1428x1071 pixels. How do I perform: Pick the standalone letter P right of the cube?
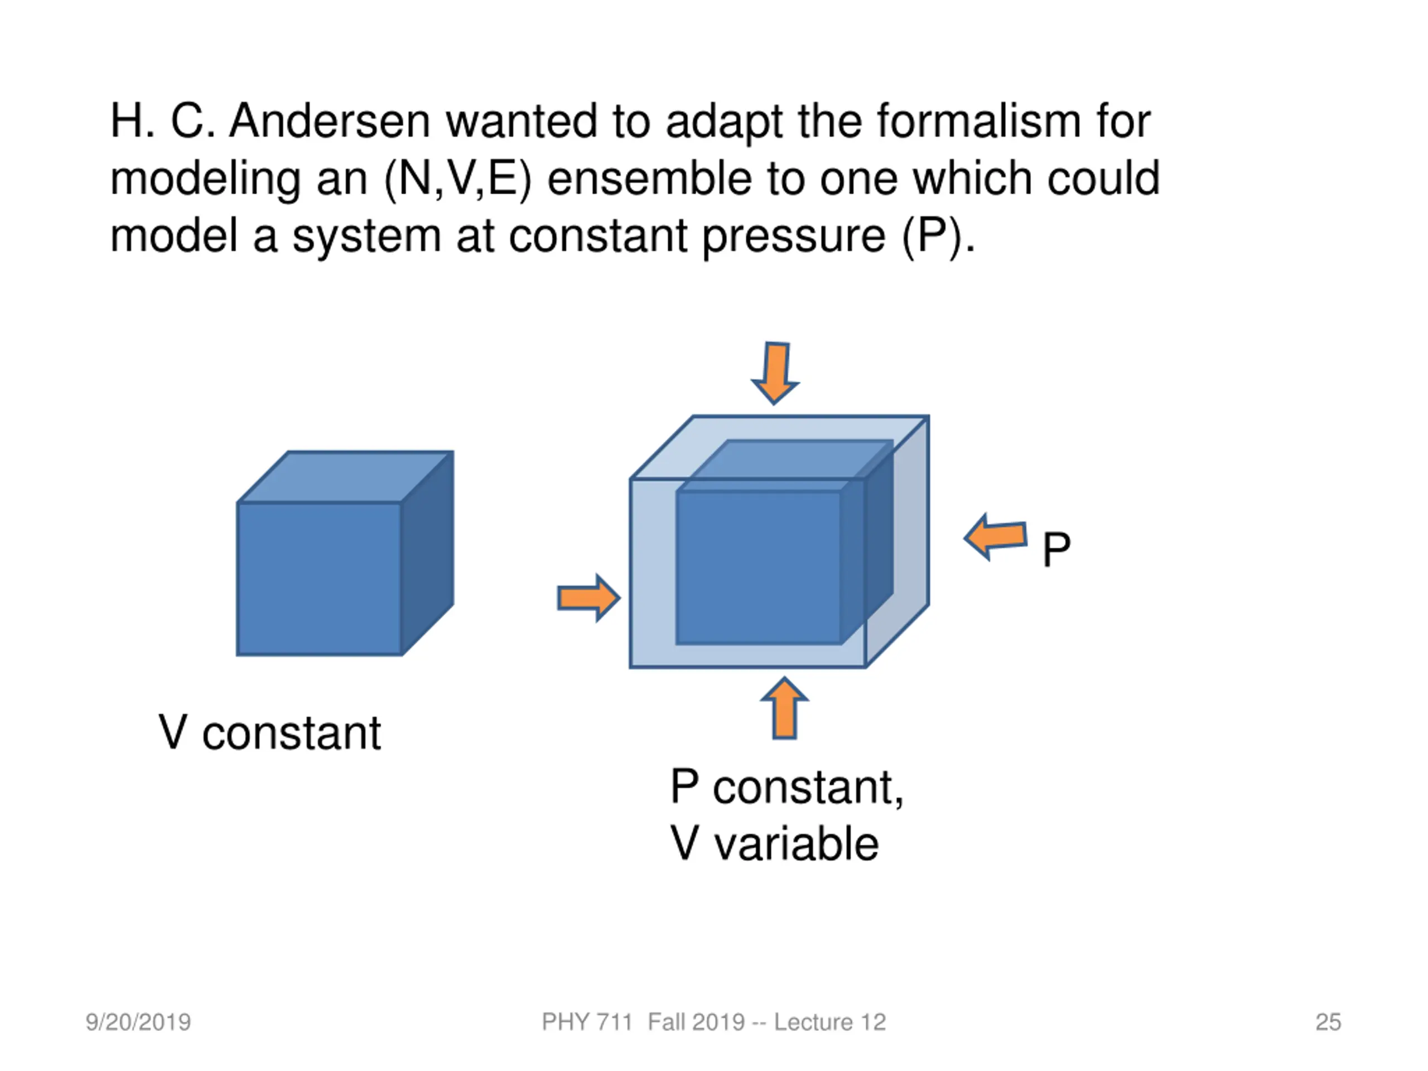[1056, 549]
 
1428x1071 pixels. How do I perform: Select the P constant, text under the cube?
[787, 787]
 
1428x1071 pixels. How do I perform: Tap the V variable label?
[774, 844]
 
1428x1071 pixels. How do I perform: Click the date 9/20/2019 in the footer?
[138, 1022]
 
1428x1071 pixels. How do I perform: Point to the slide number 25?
[1328, 1022]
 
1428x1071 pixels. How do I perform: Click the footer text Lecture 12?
[829, 1022]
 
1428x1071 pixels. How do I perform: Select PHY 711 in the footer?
[586, 1022]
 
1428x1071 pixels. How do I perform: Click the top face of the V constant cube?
[345, 476]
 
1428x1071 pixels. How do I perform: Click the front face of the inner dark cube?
[759, 567]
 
